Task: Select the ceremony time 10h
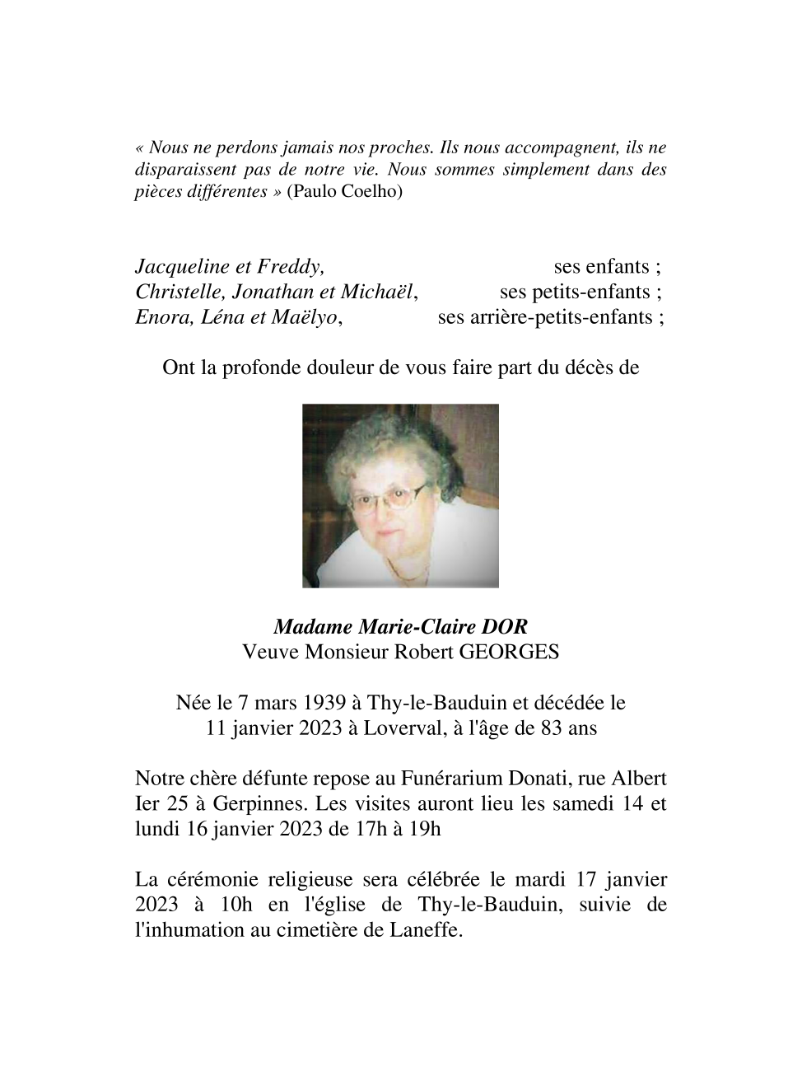tap(236, 905)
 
